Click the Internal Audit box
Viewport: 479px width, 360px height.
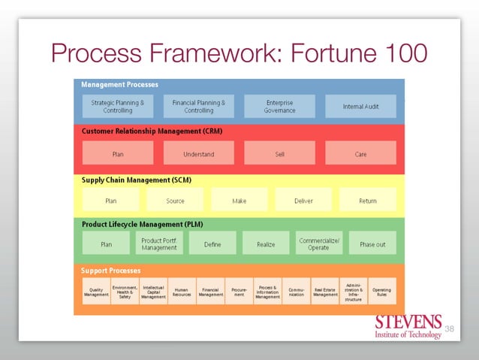click(360, 106)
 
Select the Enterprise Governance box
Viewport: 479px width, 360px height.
click(279, 106)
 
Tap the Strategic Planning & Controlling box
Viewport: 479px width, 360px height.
click(118, 106)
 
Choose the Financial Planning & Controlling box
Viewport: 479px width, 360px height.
click(199, 106)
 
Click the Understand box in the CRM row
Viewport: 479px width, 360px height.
click(199, 153)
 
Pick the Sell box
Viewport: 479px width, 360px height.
click(279, 153)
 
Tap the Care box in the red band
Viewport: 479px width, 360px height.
click(360, 153)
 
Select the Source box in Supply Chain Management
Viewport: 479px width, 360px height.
click(175, 200)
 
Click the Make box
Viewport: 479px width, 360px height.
click(239, 200)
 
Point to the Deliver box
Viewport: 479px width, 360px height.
click(303, 200)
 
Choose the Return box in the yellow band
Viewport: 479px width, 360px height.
click(368, 200)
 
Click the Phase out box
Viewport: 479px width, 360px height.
click(372, 244)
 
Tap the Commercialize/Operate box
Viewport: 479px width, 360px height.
click(318, 244)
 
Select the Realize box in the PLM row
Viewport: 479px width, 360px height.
click(266, 244)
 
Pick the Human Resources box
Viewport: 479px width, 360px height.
click(182, 292)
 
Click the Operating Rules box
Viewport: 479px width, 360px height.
click(381, 292)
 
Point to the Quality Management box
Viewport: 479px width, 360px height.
click(96, 292)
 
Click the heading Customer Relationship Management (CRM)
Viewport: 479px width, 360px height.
click(152, 131)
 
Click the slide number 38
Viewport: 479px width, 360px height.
click(450, 329)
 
